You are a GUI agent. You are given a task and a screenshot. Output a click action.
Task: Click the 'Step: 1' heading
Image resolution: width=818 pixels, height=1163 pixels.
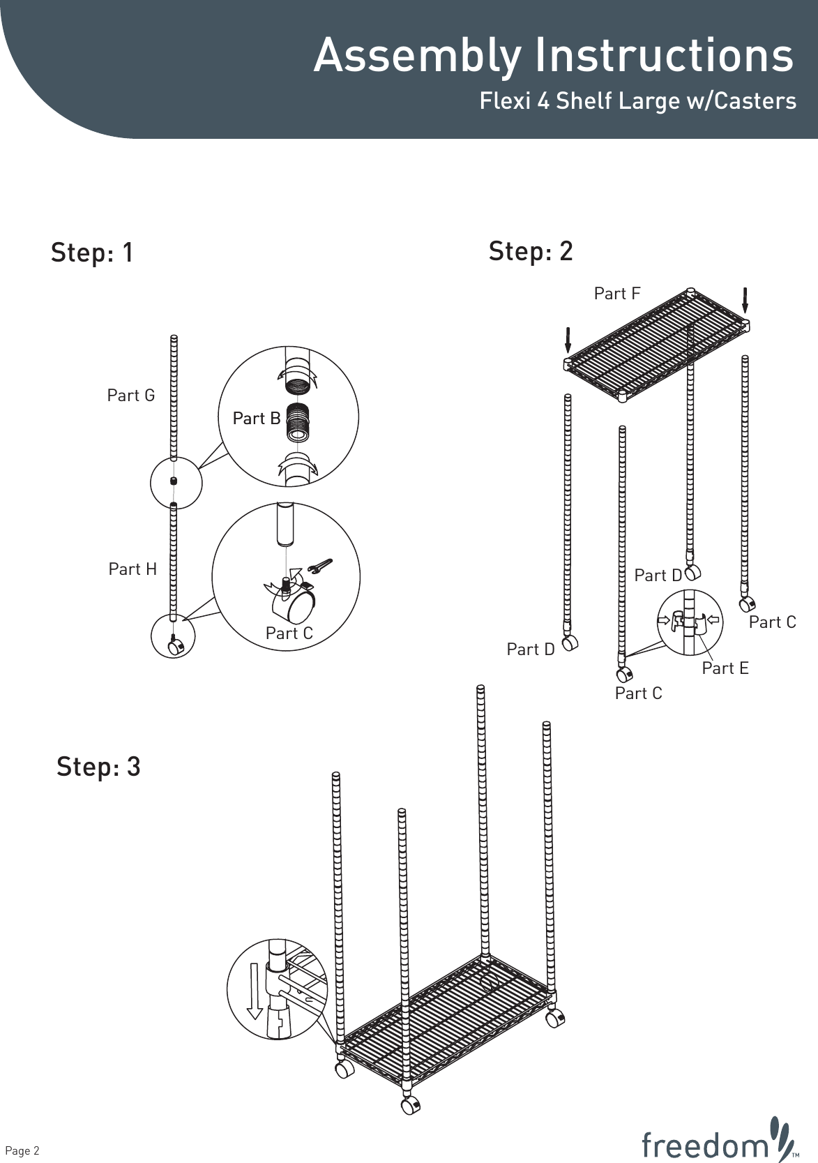(x=92, y=253)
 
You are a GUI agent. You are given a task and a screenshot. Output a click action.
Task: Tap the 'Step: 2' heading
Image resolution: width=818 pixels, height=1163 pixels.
(x=531, y=251)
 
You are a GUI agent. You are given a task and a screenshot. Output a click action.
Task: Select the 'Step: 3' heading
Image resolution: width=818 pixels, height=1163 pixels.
(x=98, y=767)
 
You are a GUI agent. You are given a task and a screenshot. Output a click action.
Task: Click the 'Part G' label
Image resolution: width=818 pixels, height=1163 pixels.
(x=131, y=396)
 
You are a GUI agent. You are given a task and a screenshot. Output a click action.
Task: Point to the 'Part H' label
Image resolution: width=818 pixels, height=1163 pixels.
(x=132, y=569)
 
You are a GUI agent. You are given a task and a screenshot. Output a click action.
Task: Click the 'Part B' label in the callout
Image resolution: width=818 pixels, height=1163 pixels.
(x=257, y=418)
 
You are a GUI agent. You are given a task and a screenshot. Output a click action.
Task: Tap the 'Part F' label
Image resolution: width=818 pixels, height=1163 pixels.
(x=616, y=294)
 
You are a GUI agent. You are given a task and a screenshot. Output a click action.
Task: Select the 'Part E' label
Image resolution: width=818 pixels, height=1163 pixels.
(x=725, y=668)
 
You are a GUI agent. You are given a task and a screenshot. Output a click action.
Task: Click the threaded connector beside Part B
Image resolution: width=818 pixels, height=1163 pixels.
(x=298, y=422)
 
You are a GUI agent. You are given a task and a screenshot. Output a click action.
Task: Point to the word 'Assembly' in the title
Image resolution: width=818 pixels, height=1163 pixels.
(x=417, y=56)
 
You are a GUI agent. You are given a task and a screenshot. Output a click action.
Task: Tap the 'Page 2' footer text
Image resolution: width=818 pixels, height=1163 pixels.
(x=22, y=1150)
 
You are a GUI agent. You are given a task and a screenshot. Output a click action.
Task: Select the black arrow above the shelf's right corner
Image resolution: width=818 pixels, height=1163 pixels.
(x=745, y=299)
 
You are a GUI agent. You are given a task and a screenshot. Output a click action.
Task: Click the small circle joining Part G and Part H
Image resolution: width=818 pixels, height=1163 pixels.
(x=176, y=483)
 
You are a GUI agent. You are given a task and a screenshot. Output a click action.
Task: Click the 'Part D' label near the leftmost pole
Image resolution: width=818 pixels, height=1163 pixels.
(x=530, y=650)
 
